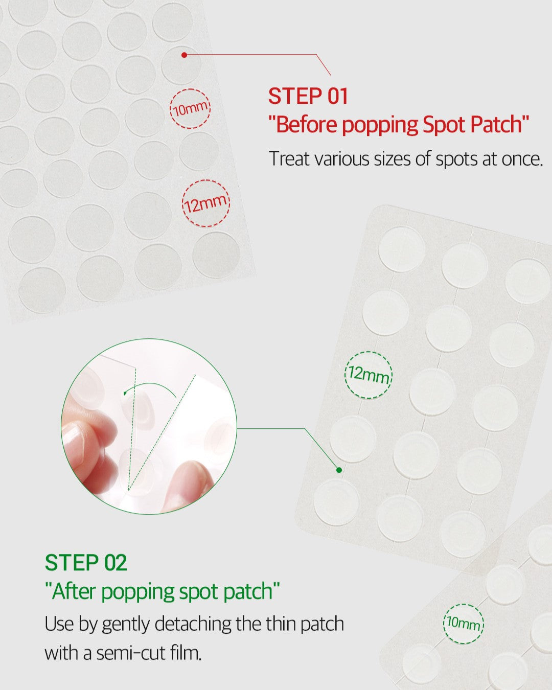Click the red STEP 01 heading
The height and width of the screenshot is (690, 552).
point(308,96)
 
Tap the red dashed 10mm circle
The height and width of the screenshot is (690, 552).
point(190,109)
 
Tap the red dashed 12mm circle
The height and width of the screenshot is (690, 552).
point(206,203)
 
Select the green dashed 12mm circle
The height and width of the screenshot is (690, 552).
point(369,375)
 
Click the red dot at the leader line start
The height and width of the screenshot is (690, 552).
point(184,55)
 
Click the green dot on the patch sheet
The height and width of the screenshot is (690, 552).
point(339,470)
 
